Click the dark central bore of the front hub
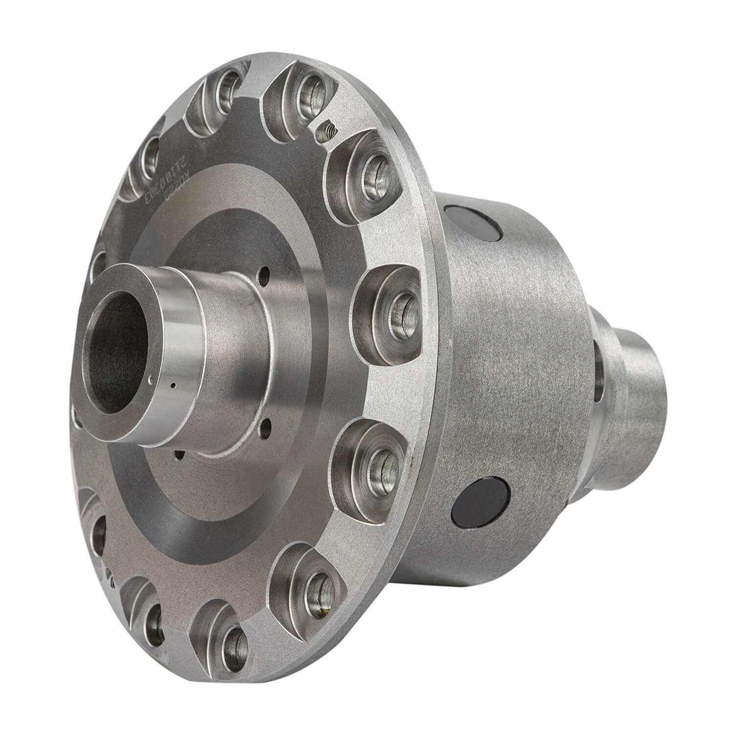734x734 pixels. coord(116,352)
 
